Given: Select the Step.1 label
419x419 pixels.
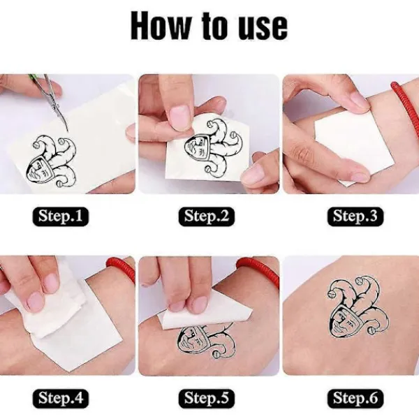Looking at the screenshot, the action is [60, 216].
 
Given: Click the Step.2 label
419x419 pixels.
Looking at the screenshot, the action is [207, 216].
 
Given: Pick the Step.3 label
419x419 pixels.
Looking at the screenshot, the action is [355, 216].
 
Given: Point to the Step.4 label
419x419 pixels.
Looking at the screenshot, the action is [60, 399].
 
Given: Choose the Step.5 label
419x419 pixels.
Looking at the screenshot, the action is [207, 399].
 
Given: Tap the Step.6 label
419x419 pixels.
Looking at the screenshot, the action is [355, 399].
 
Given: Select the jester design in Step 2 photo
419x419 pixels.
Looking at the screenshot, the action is [206, 146].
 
